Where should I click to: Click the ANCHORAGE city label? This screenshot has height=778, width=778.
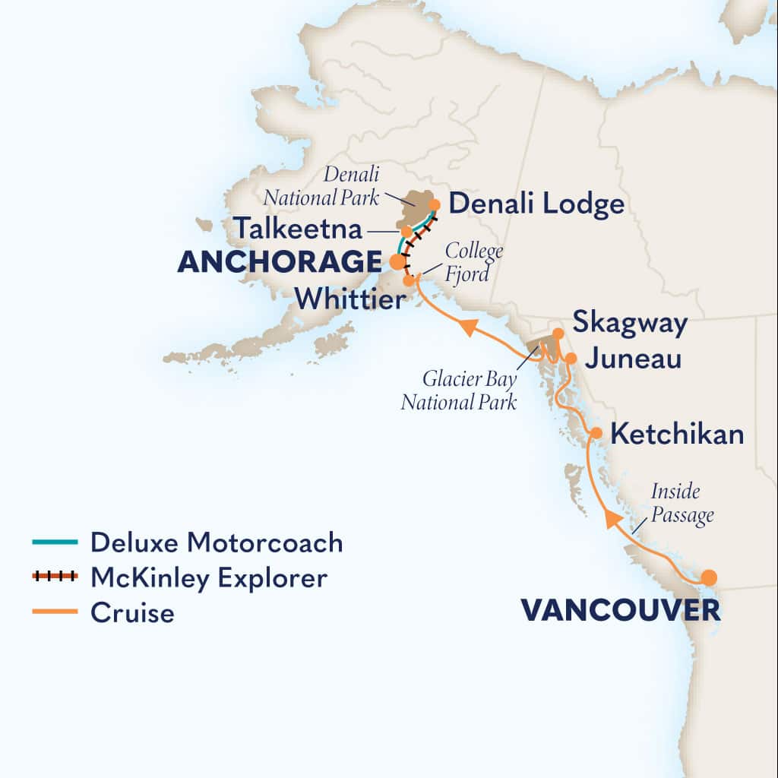[279, 262]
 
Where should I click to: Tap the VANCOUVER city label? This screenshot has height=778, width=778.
[620, 609]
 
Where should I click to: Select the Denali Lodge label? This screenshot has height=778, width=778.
[537, 204]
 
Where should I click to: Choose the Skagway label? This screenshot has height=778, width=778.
[630, 323]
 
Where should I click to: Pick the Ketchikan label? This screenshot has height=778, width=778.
[677, 435]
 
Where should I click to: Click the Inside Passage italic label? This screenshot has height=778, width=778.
[682, 503]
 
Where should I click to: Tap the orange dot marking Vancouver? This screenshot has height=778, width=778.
[708, 577]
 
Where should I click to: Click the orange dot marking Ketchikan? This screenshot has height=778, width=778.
[596, 433]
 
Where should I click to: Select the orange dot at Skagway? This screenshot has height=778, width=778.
[558, 334]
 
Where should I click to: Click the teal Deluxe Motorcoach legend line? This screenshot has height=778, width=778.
[55, 542]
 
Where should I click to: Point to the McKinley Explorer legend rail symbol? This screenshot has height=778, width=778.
[55, 577]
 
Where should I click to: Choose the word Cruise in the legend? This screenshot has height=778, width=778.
[132, 612]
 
